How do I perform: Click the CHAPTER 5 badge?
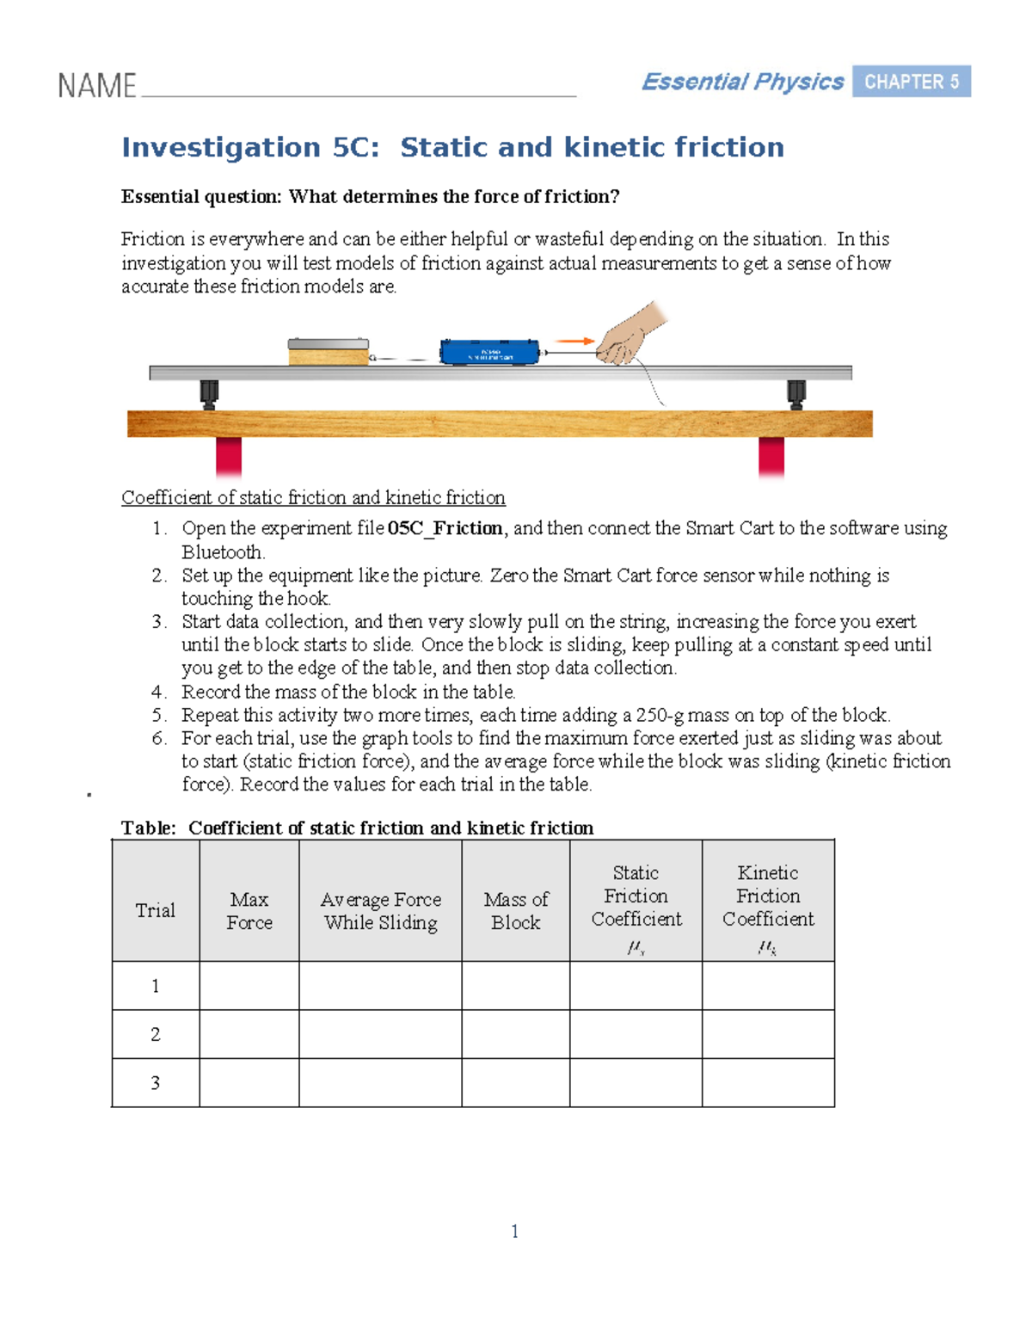911,82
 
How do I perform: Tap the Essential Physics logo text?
742,82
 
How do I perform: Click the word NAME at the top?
96,86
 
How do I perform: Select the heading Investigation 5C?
452,147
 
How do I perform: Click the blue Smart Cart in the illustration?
489,352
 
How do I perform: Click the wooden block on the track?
328,353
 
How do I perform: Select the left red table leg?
228,456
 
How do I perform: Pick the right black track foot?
796,394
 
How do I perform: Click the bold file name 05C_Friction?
445,528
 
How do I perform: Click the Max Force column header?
249,910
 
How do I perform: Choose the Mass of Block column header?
515,910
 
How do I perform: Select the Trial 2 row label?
156,1034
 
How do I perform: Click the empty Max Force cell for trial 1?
249,985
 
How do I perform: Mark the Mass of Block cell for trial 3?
515,1082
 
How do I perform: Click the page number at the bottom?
514,1231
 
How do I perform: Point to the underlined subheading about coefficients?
313,497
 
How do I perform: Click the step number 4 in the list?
158,692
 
